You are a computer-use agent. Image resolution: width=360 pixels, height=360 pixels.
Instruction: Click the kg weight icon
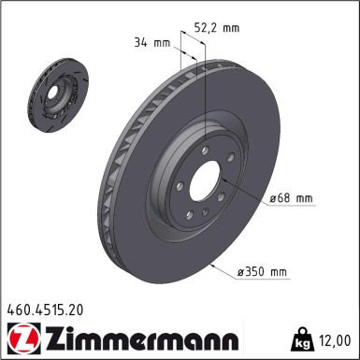point(306,338)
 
